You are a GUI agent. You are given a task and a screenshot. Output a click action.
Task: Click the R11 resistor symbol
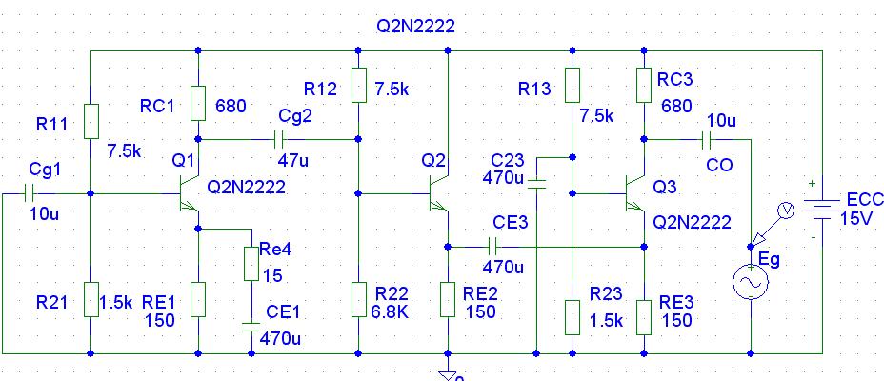pos(90,121)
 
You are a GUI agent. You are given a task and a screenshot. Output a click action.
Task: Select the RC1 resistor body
pos(198,103)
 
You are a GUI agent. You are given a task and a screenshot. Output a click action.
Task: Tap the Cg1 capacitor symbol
pos(30,193)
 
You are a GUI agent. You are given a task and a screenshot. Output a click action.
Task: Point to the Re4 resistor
pos(251,264)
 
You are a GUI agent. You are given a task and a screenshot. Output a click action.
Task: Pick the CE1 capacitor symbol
pos(251,327)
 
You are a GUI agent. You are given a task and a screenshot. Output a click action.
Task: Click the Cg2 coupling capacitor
pos(279,139)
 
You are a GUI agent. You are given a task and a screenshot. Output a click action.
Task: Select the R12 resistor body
pos(358,85)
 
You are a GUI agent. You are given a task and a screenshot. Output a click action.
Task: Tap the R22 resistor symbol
pos(358,299)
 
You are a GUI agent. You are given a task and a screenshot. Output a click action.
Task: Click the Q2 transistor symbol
pos(438,193)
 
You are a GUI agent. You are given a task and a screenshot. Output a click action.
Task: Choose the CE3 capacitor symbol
pos(492,247)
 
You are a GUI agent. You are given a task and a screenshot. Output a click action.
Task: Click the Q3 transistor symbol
pos(635,193)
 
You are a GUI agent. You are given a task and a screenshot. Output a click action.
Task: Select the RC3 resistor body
pos(644,85)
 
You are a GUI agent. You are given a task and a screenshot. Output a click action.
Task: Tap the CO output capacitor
pos(707,139)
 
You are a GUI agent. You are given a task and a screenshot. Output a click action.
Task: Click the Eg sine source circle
pos(751,282)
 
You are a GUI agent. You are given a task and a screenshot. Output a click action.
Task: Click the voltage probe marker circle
pos(785,211)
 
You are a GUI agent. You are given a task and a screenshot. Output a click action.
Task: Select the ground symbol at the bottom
pos(448,373)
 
